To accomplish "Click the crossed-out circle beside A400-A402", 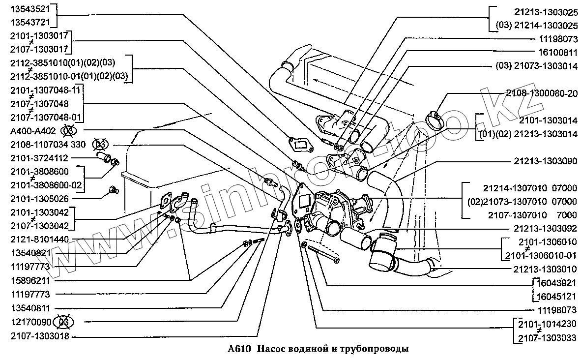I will tap(69, 131).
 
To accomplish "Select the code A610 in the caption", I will tap(239, 349).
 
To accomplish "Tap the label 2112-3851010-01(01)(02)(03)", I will tap(69, 76).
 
